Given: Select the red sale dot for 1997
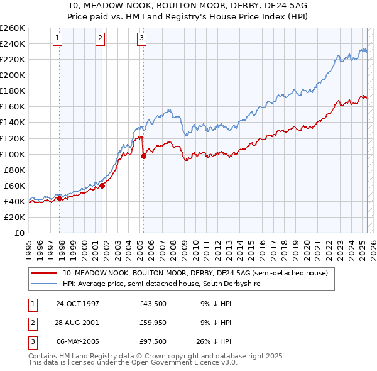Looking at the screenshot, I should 59,198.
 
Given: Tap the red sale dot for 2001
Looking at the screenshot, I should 102,185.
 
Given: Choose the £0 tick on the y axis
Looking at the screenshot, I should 19,233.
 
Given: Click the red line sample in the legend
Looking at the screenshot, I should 45,273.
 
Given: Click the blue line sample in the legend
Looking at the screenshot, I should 45,284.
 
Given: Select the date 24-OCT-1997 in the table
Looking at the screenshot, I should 77,304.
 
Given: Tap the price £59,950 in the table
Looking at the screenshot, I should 153,323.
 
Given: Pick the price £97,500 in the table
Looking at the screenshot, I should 153,341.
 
